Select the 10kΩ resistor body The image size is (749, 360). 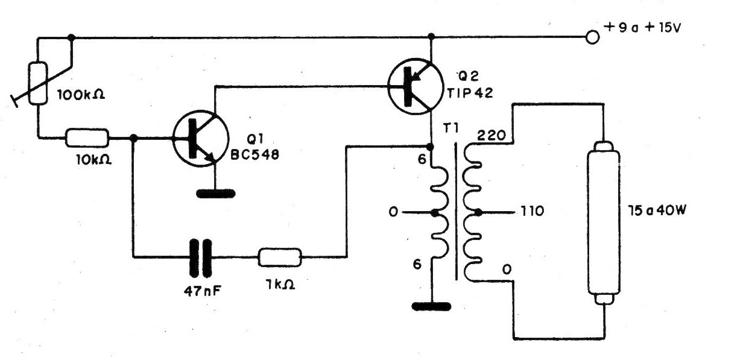(87, 138)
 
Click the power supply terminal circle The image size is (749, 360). (593, 37)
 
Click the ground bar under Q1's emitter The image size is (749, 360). (215, 194)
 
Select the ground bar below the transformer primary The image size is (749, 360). (431, 306)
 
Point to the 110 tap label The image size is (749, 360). (534, 212)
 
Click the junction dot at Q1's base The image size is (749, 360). (134, 138)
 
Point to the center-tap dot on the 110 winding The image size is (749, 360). (478, 212)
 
